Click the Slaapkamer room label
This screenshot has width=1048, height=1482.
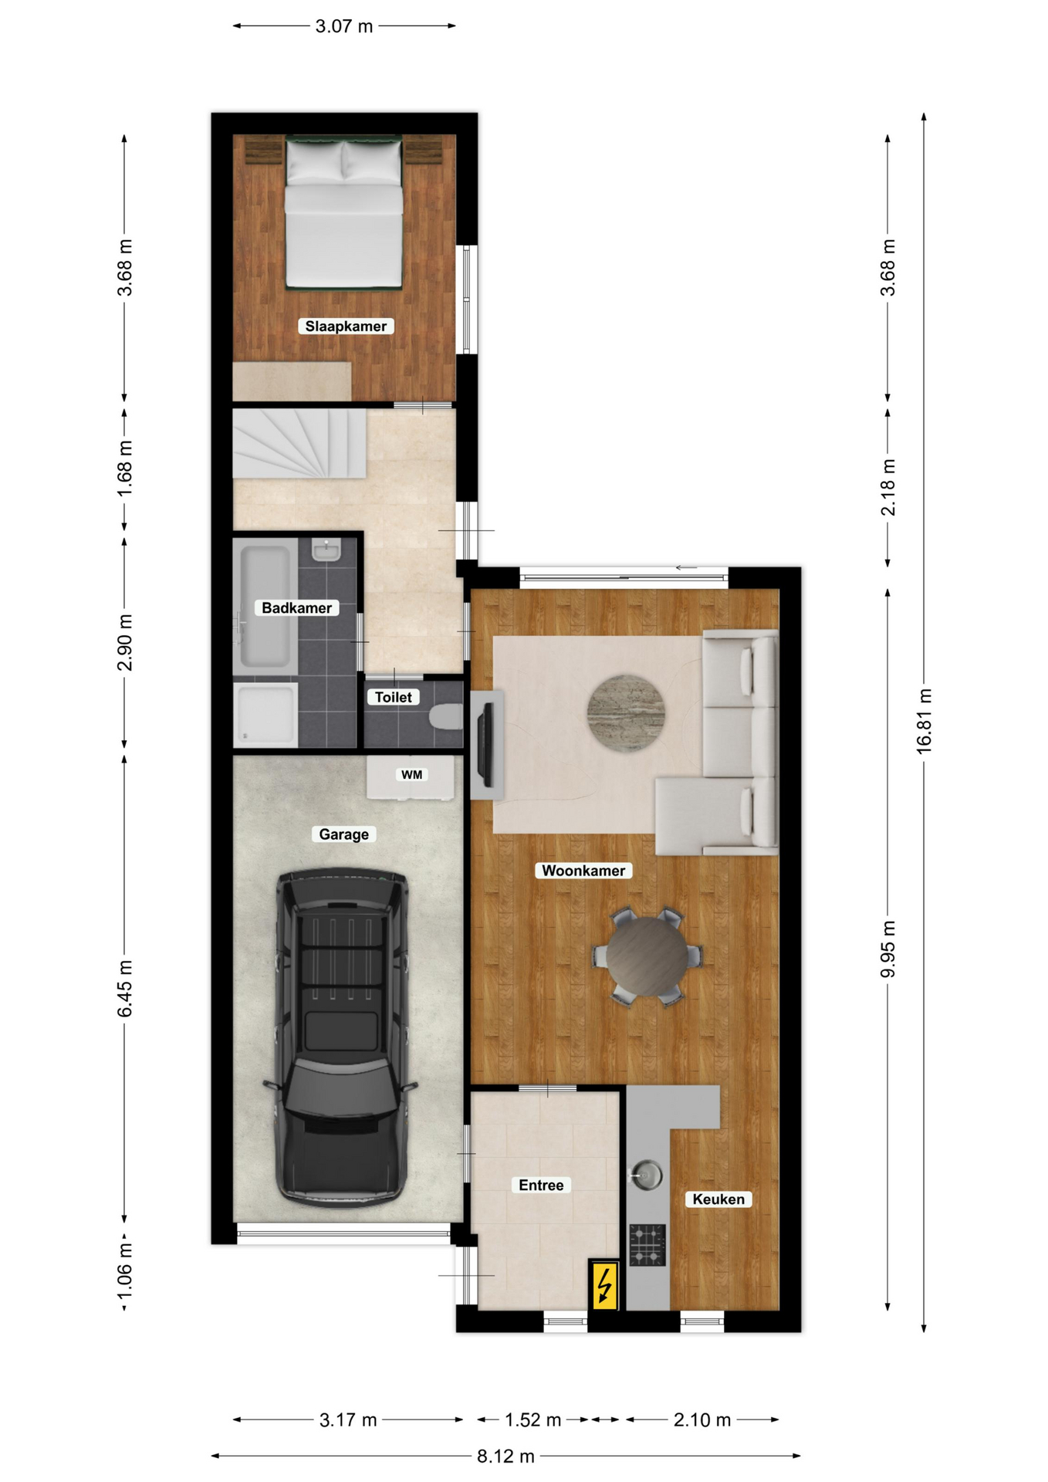coord(346,326)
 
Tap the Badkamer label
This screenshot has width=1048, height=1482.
coord(296,607)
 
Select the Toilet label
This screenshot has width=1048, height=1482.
coord(393,697)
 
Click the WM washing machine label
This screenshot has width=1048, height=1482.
coord(411,774)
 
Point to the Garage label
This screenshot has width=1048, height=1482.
coord(343,834)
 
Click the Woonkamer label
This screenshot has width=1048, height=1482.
coord(583,871)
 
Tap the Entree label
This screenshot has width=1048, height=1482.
coord(541,1185)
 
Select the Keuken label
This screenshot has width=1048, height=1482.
coord(718,1199)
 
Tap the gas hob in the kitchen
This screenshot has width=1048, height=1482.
coord(647,1246)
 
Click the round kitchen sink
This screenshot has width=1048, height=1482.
coord(646,1176)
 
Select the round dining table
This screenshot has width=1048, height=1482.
coord(647,956)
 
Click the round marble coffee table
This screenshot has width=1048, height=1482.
coord(626,713)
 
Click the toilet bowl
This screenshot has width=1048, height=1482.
coord(447,717)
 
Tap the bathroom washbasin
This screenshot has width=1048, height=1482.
coord(326,550)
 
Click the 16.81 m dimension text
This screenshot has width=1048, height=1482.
coord(924,721)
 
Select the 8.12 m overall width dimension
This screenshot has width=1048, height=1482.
coord(505,1456)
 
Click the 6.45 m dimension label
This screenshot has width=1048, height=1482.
coord(124,989)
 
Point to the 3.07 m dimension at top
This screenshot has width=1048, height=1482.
coord(344,26)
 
